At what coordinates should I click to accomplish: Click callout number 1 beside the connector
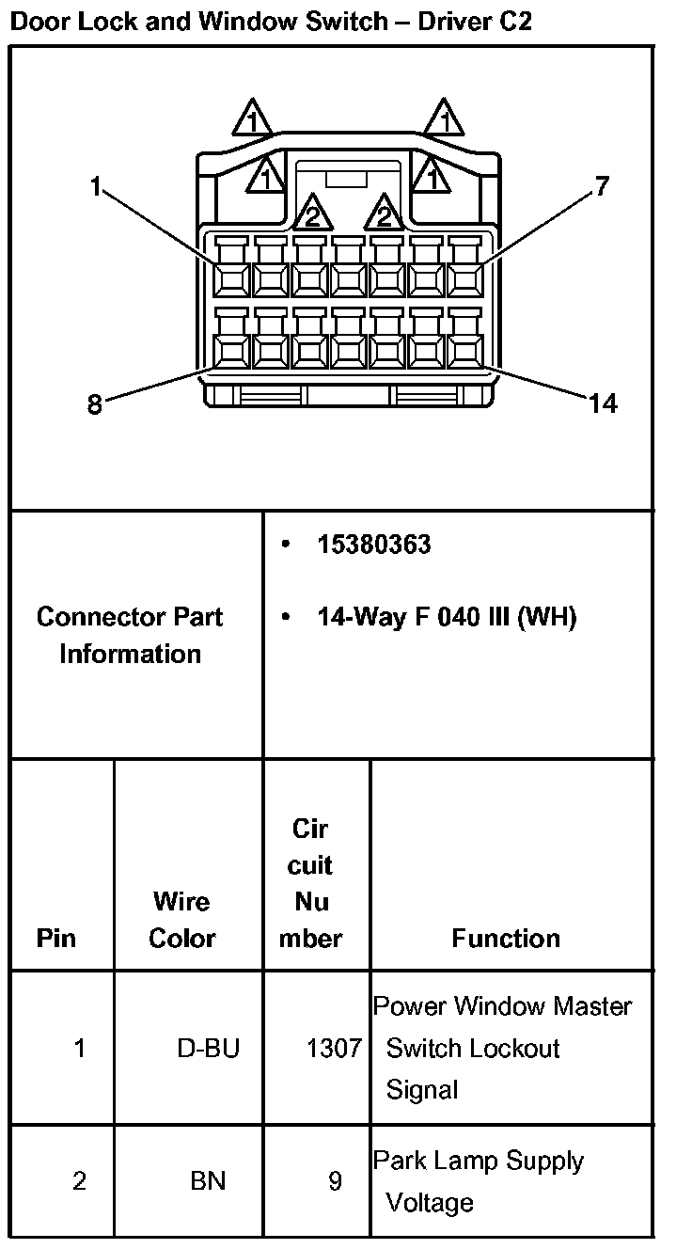(x=94, y=187)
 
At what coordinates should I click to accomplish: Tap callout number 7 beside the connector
(x=603, y=186)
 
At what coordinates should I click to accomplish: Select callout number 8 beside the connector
(x=94, y=404)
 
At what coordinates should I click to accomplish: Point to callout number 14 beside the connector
(x=603, y=404)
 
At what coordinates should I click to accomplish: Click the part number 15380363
(x=373, y=545)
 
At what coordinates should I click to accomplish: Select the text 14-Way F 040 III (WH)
(x=447, y=617)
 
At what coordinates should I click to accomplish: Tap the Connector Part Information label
(x=130, y=635)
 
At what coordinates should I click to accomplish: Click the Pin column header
(x=56, y=938)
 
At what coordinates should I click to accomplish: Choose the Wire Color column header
(x=181, y=920)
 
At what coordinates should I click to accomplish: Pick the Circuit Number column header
(x=311, y=883)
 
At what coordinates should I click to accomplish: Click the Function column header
(x=506, y=938)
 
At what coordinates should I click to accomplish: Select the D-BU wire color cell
(x=208, y=1048)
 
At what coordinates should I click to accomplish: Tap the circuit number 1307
(x=334, y=1048)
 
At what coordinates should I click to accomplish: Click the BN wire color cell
(x=208, y=1180)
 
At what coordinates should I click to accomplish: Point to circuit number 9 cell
(x=335, y=1180)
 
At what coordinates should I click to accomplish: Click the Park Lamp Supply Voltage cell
(x=480, y=1181)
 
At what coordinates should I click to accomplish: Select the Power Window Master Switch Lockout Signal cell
(x=503, y=1048)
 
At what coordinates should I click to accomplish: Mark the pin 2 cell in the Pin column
(x=79, y=1180)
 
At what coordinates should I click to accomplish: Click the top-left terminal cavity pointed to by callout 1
(x=230, y=279)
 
